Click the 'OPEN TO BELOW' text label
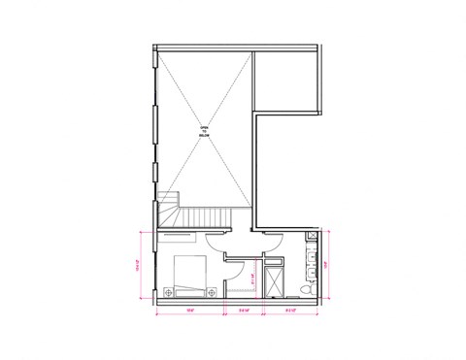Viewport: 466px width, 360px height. tap(204, 132)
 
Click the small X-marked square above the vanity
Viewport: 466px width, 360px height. tap(312, 235)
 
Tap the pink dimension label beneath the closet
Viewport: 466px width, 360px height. tap(246, 311)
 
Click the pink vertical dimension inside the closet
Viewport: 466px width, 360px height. tap(252, 278)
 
